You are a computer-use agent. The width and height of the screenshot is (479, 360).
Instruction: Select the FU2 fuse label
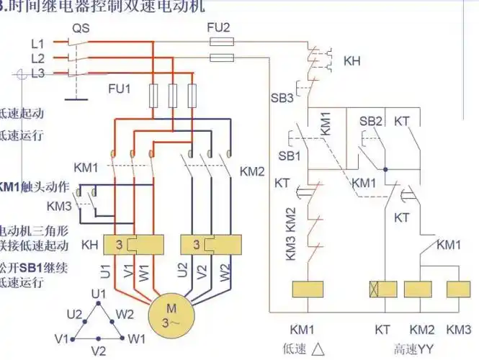(218, 28)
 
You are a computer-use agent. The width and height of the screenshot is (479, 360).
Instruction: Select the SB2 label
(370, 120)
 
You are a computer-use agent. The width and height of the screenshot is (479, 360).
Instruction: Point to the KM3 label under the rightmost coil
(459, 329)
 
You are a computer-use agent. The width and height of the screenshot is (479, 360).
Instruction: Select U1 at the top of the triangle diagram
(99, 294)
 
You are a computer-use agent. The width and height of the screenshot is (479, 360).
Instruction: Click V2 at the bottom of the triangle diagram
(99, 350)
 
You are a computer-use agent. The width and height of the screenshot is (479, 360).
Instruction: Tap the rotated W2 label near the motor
(224, 273)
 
